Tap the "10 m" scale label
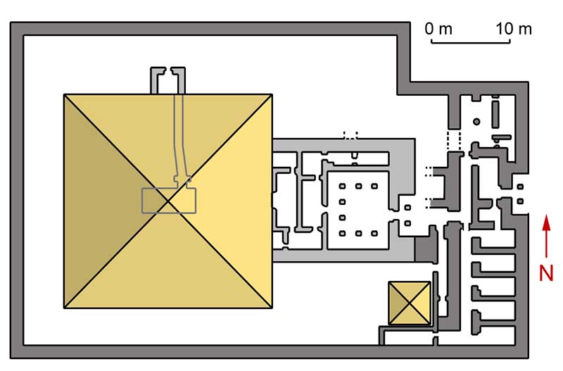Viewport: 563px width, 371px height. [x=514, y=30]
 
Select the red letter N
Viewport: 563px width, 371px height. [x=547, y=272]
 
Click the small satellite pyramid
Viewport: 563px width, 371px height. [x=409, y=303]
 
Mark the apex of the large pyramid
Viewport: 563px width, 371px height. [x=167, y=202]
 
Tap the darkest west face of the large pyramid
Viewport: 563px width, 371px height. [x=99, y=202]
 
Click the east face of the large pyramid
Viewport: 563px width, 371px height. [x=236, y=202]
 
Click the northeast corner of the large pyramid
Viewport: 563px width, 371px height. [x=272, y=95]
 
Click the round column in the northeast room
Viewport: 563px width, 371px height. [x=477, y=122]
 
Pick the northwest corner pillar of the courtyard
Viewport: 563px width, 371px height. [x=343, y=187]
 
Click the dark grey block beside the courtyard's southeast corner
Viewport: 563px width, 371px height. [x=424, y=248]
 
